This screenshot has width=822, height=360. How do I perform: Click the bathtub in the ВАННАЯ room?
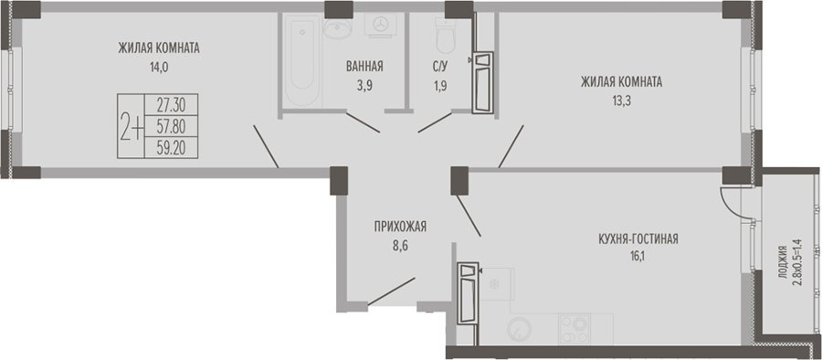point(302,59)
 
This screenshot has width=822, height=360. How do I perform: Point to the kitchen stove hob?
point(574,330)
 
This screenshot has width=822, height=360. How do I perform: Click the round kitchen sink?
point(520,330)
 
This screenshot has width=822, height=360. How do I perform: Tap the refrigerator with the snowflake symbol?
point(493,284)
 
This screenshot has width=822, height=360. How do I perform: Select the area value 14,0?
point(158,67)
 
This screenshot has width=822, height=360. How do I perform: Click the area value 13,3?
point(621,100)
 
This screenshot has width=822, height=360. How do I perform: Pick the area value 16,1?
point(638,257)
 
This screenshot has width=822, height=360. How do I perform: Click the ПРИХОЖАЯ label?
point(401,227)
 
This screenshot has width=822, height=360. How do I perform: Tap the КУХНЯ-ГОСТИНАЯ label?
point(638,239)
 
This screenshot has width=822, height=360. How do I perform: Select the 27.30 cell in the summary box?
point(171,104)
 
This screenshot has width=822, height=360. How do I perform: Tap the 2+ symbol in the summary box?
point(131,126)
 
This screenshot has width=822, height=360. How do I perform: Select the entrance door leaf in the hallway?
point(392,291)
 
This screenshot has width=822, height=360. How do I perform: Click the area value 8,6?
point(399,244)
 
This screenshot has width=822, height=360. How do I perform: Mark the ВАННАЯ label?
point(364,67)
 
